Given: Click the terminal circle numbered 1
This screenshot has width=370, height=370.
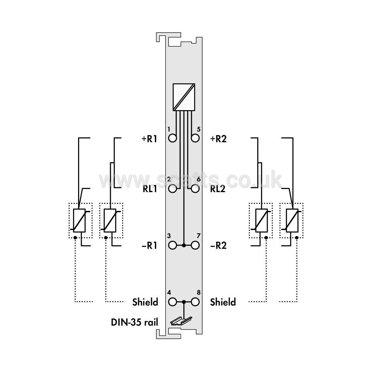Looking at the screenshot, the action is pyautogui.click(x=172, y=138).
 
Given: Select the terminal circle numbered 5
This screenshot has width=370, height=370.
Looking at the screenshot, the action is pyautogui.click(x=195, y=138).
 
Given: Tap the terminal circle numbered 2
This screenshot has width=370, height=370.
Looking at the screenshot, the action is pyautogui.click(x=172, y=189).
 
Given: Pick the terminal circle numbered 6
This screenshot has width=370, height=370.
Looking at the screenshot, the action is pyautogui.click(x=195, y=189).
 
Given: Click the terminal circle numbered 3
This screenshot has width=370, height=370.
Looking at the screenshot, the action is pyautogui.click(x=172, y=245).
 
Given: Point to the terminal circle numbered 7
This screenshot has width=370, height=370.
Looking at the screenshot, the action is pyautogui.click(x=195, y=245).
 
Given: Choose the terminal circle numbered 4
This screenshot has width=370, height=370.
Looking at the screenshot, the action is pyautogui.click(x=172, y=302).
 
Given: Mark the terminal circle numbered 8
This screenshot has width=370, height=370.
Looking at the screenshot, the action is pyautogui.click(x=195, y=302).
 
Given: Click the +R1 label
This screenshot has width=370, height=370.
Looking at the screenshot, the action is pyautogui.click(x=149, y=139).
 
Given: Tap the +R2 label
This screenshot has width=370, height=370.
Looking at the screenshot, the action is pyautogui.click(x=218, y=139).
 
